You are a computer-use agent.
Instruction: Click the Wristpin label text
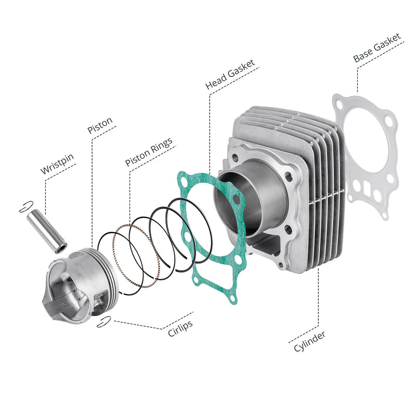tap(57, 164)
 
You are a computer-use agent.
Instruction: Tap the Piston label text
tap(100, 125)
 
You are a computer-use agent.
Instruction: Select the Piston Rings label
tap(149, 152)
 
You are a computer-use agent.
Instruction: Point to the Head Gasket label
tap(230, 74)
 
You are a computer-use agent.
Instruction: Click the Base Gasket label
tap(376, 47)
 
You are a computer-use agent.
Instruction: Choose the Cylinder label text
tap(309, 342)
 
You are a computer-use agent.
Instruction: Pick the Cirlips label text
tap(180, 329)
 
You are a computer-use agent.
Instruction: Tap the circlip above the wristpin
tap(26, 206)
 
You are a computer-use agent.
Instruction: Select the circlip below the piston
tap(103, 322)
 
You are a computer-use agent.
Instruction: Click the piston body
tap(80, 286)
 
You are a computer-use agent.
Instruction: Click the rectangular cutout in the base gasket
tap(367, 188)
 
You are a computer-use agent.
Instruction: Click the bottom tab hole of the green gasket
tap(232, 299)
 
